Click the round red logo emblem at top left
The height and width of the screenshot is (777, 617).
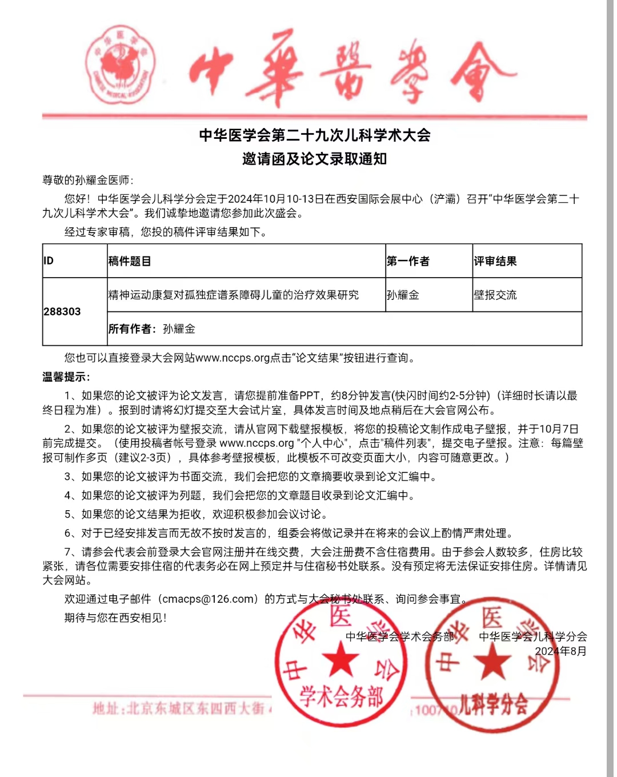click(x=121, y=65)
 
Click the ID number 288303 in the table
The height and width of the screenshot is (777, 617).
click(x=62, y=311)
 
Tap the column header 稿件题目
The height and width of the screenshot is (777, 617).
click(x=130, y=261)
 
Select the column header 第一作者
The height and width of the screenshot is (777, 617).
click(x=408, y=261)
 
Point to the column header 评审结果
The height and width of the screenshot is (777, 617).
click(x=495, y=261)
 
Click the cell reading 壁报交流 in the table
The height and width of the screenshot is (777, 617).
click(x=495, y=295)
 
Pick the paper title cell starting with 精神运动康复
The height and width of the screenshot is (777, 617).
click(x=234, y=295)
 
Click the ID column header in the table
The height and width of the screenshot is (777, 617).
click(x=49, y=261)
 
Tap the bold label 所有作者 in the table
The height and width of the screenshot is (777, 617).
click(x=131, y=329)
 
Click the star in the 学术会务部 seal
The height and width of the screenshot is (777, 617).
click(x=341, y=662)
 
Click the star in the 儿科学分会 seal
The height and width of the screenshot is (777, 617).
click(x=492, y=663)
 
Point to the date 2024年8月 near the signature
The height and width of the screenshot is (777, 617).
click(x=560, y=651)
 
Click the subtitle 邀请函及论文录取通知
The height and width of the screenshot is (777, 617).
click(x=314, y=159)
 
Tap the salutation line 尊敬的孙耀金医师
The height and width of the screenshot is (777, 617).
click(x=87, y=180)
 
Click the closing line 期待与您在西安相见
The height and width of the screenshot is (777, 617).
click(x=115, y=618)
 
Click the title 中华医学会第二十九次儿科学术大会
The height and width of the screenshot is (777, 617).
click(x=314, y=135)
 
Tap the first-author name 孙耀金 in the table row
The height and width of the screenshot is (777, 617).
click(x=403, y=295)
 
